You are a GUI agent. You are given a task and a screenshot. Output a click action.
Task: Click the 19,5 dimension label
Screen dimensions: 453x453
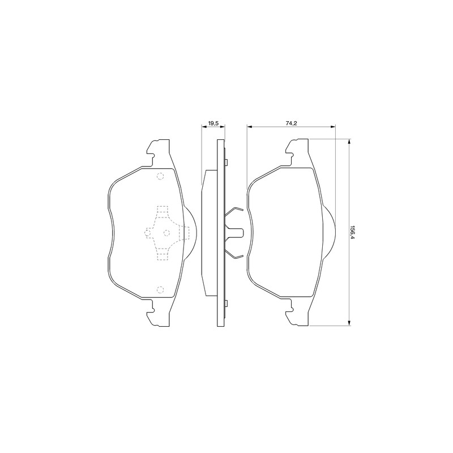(213, 123)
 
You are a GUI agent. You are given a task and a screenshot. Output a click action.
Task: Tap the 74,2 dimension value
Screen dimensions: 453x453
(292, 123)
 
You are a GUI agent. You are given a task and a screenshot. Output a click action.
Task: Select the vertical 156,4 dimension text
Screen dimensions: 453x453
(352, 232)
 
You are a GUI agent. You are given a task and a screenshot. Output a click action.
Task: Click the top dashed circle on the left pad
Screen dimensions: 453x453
(160, 176)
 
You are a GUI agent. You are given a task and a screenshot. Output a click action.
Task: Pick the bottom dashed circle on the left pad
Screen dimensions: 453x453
(160, 289)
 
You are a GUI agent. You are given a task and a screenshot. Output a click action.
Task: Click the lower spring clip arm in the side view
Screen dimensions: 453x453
(234, 253)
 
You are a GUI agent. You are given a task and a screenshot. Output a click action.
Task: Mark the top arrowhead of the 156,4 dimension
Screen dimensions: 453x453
(349, 142)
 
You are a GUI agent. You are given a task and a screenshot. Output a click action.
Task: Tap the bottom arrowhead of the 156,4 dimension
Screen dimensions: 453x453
(349, 323)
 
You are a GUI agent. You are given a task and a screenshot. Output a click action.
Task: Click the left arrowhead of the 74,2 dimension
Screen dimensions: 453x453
(250, 126)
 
